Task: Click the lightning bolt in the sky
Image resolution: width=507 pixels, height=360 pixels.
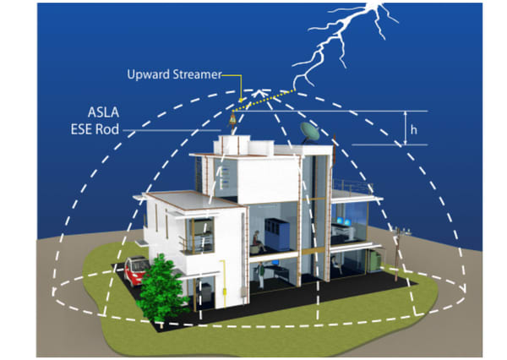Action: coord(338,38)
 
